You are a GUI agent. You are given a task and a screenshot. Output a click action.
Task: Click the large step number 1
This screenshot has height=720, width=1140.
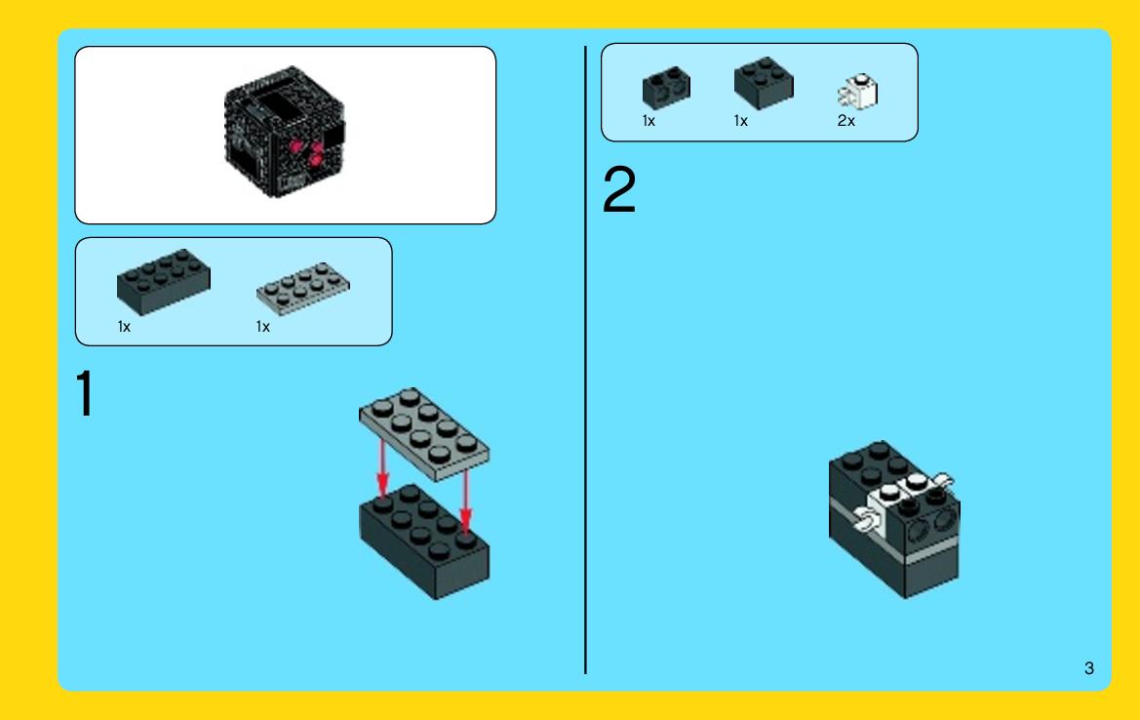click(85, 393)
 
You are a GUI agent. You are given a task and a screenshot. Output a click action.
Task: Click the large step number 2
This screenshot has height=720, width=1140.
click(619, 189)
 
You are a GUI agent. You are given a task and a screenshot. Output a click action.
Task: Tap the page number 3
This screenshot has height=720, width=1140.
click(1088, 667)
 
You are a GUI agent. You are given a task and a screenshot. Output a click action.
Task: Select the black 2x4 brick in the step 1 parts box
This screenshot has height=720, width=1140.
click(164, 282)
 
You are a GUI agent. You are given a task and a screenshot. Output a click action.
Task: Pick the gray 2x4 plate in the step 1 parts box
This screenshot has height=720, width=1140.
click(303, 288)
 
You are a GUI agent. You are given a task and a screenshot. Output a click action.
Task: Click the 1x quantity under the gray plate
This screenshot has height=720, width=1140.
click(262, 327)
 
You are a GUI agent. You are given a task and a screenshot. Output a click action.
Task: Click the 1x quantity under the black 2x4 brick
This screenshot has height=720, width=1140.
click(124, 327)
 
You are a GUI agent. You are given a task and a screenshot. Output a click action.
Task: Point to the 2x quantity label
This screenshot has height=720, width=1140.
click(845, 121)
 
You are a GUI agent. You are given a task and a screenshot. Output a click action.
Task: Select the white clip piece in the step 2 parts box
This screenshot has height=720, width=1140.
click(858, 92)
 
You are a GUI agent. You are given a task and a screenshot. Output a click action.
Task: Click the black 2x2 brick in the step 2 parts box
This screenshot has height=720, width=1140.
click(764, 83)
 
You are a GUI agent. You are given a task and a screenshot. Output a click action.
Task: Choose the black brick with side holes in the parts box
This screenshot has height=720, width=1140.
click(666, 88)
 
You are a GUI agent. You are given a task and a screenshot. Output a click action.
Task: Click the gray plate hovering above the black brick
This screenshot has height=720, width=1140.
click(424, 434)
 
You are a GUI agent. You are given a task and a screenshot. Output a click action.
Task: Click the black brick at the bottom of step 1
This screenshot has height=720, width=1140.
click(424, 541)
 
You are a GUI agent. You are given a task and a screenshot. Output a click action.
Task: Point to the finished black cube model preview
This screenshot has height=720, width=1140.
click(285, 133)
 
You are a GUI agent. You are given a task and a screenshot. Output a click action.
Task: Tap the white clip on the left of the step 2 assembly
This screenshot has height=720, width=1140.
click(866, 519)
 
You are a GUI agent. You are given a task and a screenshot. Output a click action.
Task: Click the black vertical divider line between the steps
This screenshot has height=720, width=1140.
click(585, 360)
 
